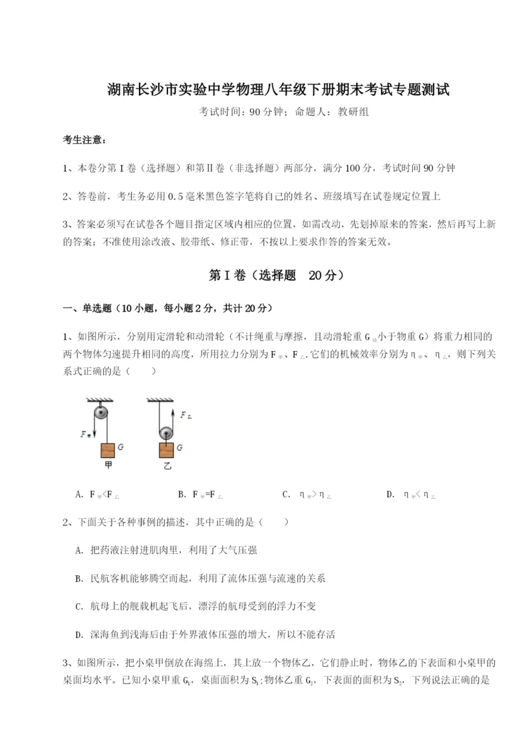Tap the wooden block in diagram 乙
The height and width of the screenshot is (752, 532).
click(166, 449)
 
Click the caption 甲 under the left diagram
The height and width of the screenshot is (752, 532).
click(107, 467)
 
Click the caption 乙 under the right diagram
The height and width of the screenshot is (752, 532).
click(167, 467)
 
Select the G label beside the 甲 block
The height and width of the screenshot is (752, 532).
click(120, 447)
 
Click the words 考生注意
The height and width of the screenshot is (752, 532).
click(83, 140)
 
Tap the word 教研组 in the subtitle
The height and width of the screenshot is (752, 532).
click(353, 112)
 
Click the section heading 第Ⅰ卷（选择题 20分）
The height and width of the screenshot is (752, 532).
click(266, 275)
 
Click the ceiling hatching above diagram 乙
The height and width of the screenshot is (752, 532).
click(160, 400)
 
